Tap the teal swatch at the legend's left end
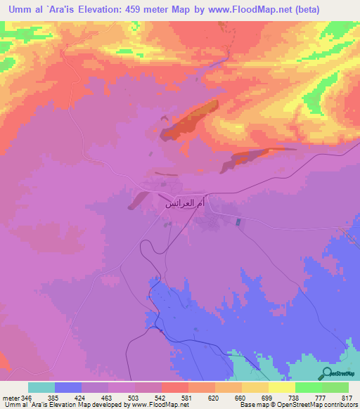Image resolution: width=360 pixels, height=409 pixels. tap(41, 387)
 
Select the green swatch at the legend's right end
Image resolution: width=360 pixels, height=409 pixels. tap(335, 387)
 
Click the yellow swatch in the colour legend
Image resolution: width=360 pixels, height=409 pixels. tap(281, 387)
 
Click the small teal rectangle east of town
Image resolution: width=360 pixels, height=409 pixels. tap(237, 222)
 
